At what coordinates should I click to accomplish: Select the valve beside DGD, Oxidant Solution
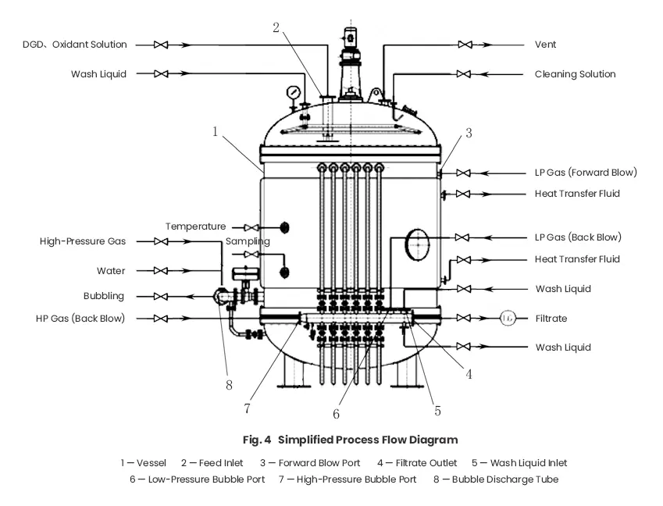coord(162,45)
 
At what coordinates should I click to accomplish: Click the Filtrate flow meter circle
coord(508,318)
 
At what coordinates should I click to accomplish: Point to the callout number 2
coord(276,27)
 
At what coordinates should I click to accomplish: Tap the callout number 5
coord(437,409)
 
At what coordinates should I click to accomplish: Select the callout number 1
coord(215,132)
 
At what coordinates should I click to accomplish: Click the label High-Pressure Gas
coord(83,242)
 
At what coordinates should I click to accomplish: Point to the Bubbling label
coord(104,297)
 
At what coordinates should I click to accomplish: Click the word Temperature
coord(195,226)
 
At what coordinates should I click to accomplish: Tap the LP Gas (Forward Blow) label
coord(586,172)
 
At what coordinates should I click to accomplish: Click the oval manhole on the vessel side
coord(418,244)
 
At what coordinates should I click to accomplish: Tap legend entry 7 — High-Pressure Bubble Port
coord(348,479)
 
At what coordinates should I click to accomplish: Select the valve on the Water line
coord(162,271)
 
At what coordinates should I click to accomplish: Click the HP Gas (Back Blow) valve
coord(162,319)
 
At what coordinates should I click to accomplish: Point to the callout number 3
coord(469,133)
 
